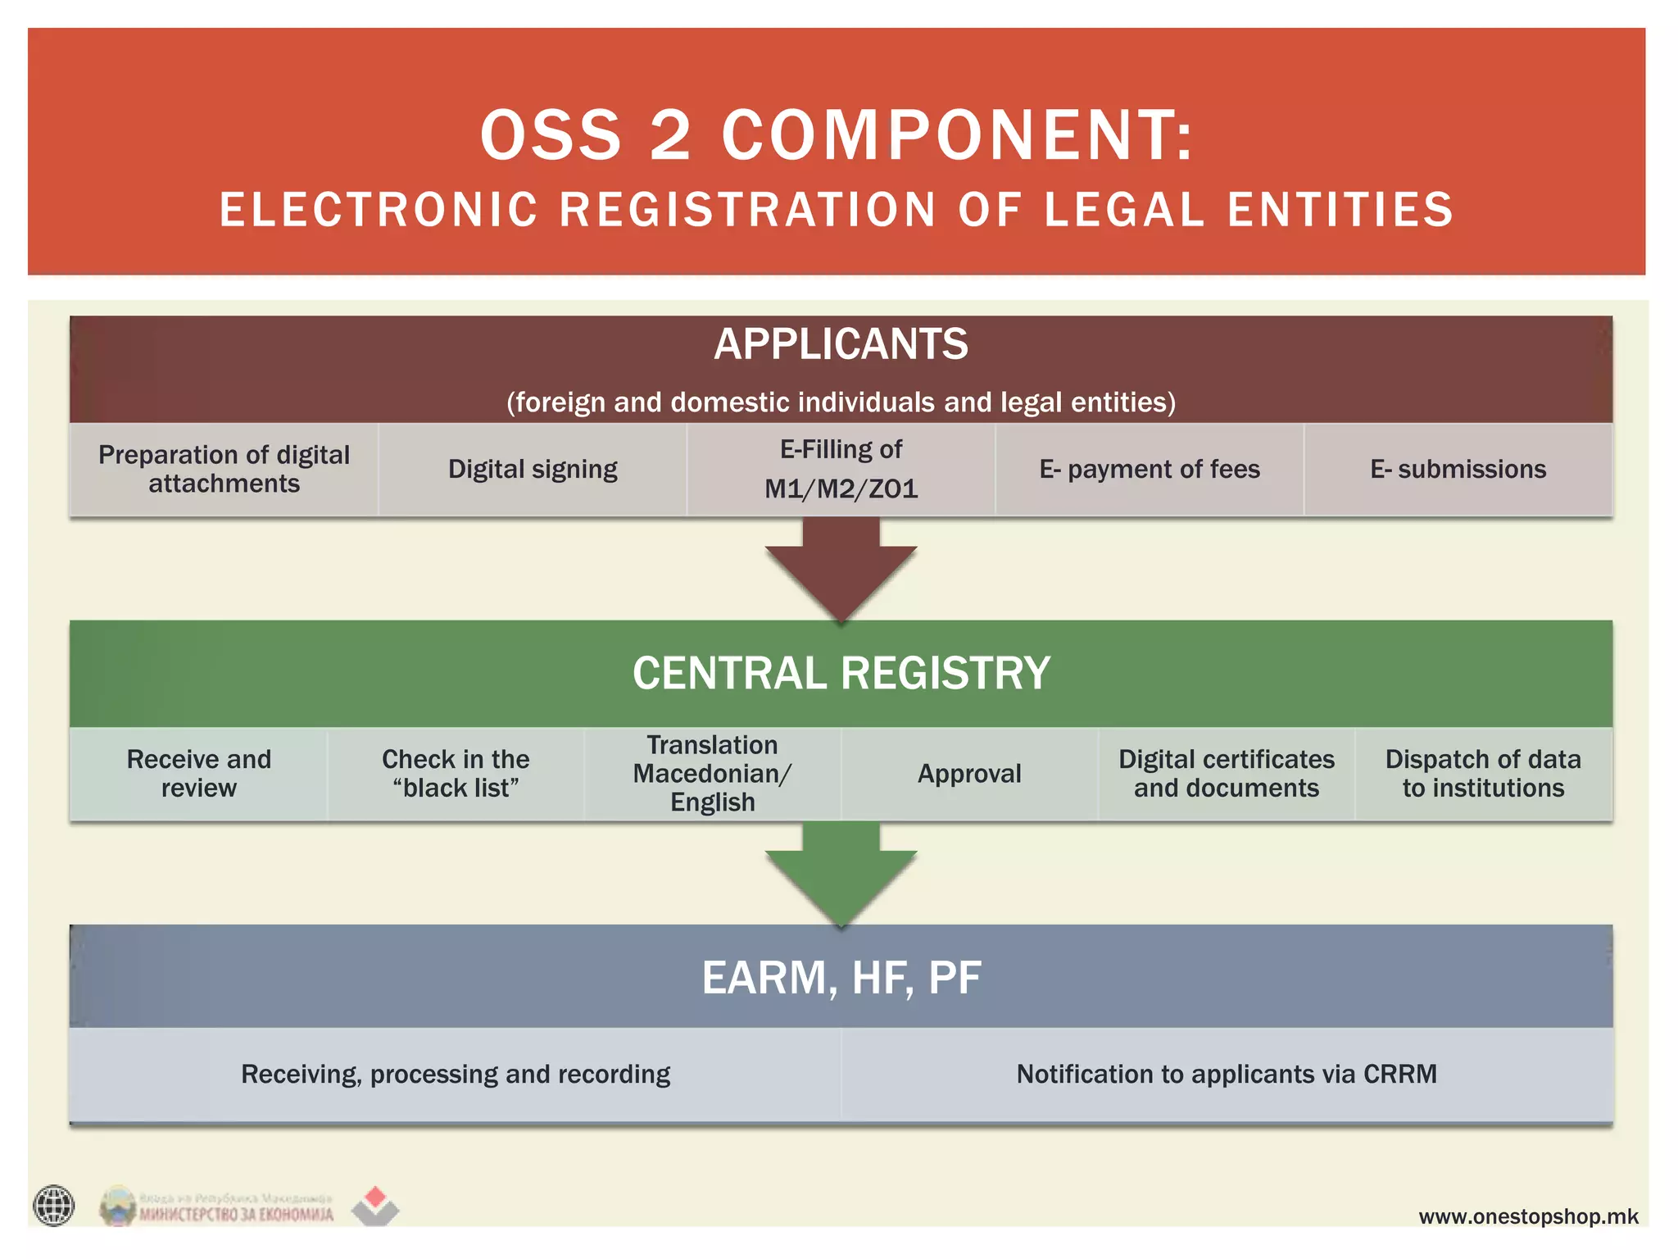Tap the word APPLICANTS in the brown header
coord(841,344)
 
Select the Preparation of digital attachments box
coord(224,469)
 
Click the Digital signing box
coord(533,469)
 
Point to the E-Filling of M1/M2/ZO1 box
coord(841,469)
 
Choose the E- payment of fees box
coord(1150,469)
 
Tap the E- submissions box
coord(1458,469)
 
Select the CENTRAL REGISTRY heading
coord(841,673)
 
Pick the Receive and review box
coord(198,773)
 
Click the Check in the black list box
coord(456,773)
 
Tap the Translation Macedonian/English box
coord(712,773)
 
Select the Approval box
coord(969,773)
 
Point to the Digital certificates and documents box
coord(1227,773)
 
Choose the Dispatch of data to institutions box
coord(1483,773)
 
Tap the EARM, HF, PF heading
coord(841,977)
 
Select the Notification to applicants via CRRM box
coord(1227,1074)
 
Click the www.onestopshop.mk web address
coord(1528,1216)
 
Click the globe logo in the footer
coord(54,1206)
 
